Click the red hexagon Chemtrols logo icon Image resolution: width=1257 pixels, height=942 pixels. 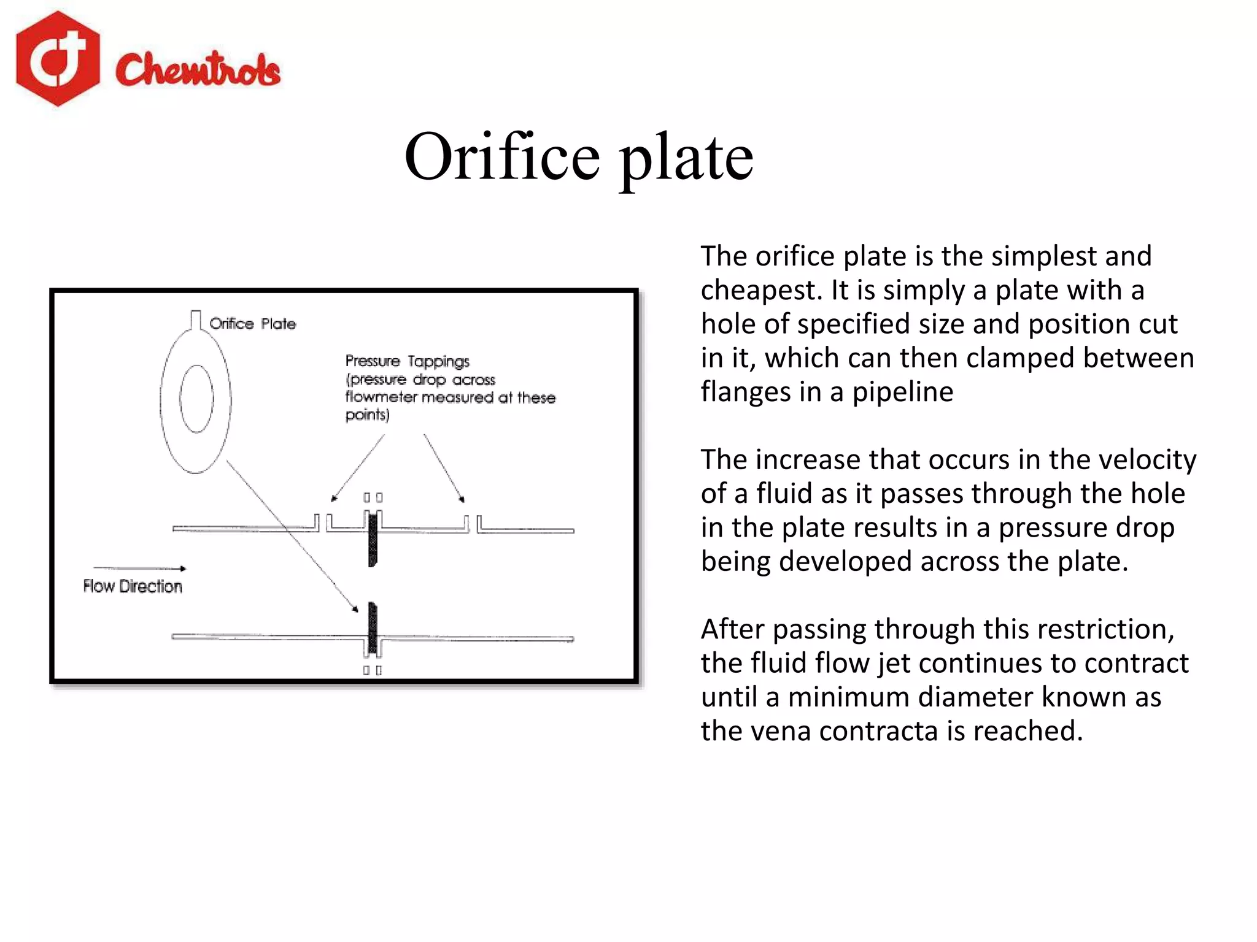(58, 59)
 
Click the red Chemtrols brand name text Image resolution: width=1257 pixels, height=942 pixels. (198, 69)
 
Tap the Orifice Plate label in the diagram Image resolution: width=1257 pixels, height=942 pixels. (252, 323)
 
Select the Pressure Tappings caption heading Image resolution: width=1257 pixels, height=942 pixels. (407, 361)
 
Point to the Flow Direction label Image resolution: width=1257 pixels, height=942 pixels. (133, 586)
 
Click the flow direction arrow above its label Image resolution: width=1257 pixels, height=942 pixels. (139, 569)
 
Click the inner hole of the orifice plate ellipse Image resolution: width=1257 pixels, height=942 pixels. (196, 399)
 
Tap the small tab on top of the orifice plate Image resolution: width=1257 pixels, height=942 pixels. (196, 320)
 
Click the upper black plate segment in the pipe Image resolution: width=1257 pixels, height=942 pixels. (373, 540)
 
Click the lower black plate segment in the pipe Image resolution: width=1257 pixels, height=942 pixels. (373, 627)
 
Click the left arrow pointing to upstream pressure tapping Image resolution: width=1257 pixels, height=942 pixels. (357, 469)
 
